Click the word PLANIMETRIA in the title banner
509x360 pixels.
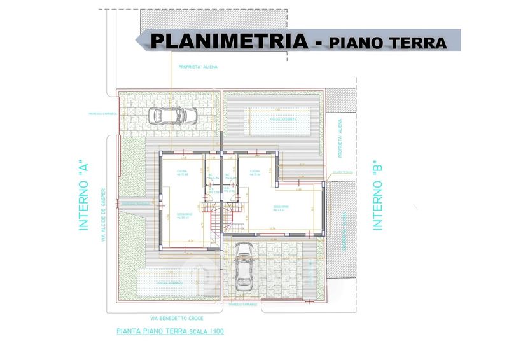click(229, 41)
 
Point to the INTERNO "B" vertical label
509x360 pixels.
click(377, 195)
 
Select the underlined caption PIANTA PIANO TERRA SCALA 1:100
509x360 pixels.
click(171, 331)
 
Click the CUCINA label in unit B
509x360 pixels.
click(255, 173)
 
